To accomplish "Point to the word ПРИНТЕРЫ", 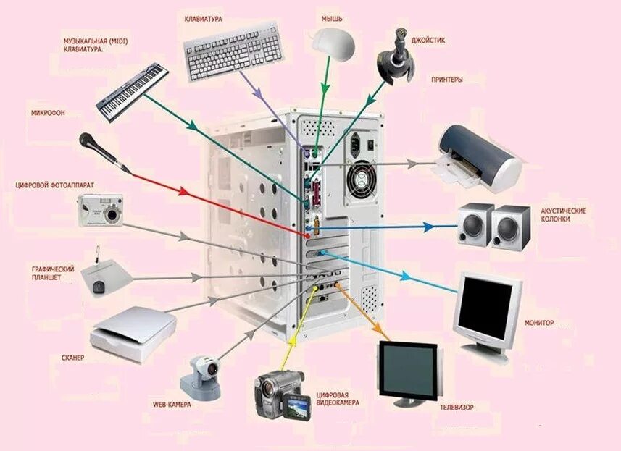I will tap(446, 79).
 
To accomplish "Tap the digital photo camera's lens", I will tap(111, 214).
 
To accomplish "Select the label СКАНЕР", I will tap(72, 358).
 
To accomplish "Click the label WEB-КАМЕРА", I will tap(172, 405).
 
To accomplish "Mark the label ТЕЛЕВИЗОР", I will tap(457, 408).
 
